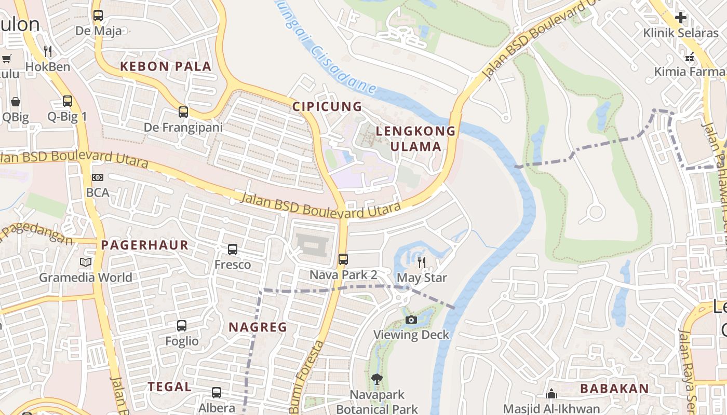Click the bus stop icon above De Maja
click(x=98, y=16)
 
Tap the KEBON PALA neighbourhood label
click(x=166, y=66)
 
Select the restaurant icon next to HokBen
click(x=48, y=51)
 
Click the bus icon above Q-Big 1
click(x=68, y=101)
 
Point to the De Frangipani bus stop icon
click(x=183, y=112)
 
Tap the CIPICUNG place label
click(x=327, y=107)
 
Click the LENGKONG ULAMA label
click(x=415, y=139)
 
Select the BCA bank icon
click(x=98, y=177)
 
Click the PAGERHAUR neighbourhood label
click(x=145, y=245)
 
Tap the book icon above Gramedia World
click(x=86, y=262)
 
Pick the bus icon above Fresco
click(x=233, y=250)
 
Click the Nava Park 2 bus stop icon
click(x=343, y=259)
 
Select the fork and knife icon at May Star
click(x=422, y=262)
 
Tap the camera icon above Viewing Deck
click(x=411, y=320)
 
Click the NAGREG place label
click(x=258, y=327)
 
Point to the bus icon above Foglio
click(x=182, y=326)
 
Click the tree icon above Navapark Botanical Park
click(x=377, y=379)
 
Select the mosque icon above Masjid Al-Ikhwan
click(x=551, y=394)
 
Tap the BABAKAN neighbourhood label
click(x=614, y=389)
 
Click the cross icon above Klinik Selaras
click(x=680, y=18)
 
